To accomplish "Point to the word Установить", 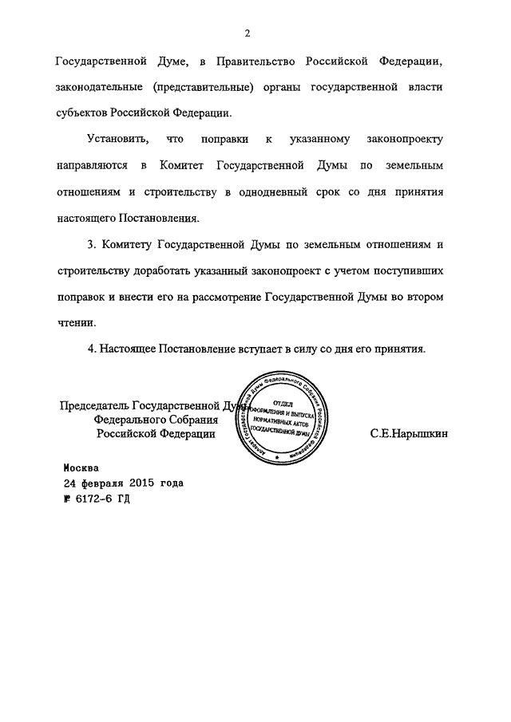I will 118,140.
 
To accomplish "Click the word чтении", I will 76,323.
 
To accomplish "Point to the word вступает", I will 268,349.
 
